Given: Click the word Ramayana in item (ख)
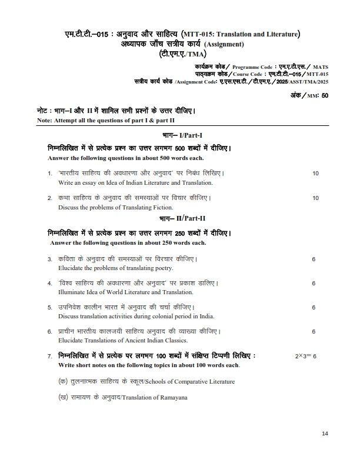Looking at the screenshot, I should [174, 398].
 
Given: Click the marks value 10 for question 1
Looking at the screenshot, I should [316, 174].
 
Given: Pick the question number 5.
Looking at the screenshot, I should [49, 307].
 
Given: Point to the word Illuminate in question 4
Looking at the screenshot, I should [71, 292].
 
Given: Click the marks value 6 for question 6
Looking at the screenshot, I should [314, 332].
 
